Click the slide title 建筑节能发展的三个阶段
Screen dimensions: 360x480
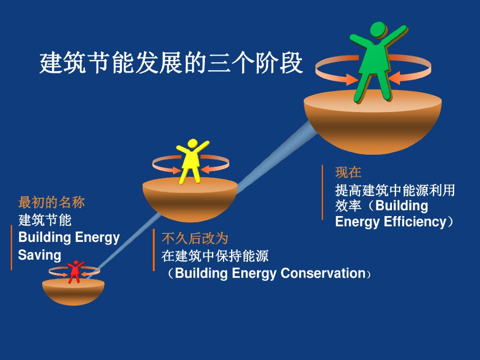click(171, 63)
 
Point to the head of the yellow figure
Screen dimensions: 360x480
click(192, 143)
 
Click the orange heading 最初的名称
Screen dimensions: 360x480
click(52, 202)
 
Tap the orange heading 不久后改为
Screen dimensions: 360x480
click(195, 238)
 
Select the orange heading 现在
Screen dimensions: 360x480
click(348, 172)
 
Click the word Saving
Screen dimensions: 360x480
click(40, 255)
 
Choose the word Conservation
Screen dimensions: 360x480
click(322, 273)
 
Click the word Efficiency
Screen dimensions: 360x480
click(415, 221)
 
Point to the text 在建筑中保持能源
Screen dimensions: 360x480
click(215, 256)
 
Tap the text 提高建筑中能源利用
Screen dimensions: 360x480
click(395, 190)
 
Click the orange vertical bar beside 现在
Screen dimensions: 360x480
click(322, 192)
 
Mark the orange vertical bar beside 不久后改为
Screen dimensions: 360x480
click(154, 250)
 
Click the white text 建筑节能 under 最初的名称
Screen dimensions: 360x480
click(45, 219)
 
